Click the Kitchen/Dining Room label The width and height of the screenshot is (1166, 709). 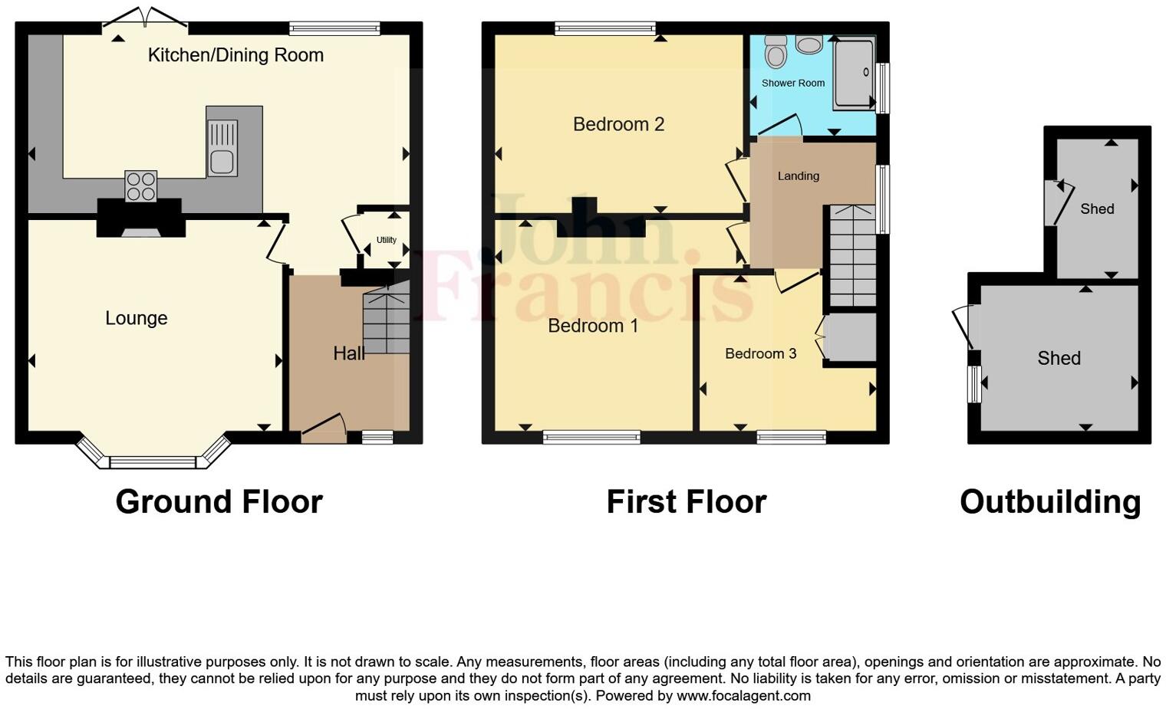(236, 55)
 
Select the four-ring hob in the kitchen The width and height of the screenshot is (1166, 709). (141, 185)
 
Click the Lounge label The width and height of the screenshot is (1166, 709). (137, 318)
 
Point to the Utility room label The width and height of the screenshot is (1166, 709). (387, 240)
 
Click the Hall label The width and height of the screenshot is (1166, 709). (348, 353)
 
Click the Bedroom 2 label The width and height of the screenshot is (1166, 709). (618, 124)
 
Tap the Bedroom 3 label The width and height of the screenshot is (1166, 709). (760, 353)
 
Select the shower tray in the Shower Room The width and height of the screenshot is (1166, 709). (853, 74)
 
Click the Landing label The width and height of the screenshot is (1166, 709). (798, 176)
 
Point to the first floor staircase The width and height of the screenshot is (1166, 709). (851, 257)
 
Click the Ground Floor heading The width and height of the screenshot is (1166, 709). (219, 502)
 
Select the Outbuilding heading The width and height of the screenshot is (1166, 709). (1050, 502)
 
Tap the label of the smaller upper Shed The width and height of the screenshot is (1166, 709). (1097, 208)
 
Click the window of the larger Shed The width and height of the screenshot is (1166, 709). (974, 384)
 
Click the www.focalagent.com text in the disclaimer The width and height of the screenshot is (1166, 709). (743, 696)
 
